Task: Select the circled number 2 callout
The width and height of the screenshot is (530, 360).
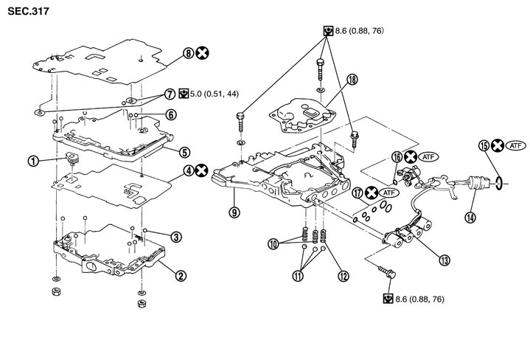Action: coord(179,277)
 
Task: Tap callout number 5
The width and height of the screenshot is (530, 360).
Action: coord(184,152)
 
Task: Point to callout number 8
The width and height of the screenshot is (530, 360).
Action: coord(188,53)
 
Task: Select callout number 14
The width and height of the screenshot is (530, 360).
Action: coord(469,217)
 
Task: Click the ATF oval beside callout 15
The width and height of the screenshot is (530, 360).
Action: coord(515,146)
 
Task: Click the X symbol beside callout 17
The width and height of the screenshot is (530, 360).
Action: coord(372,193)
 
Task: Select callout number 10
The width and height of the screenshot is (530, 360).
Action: coord(273,244)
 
